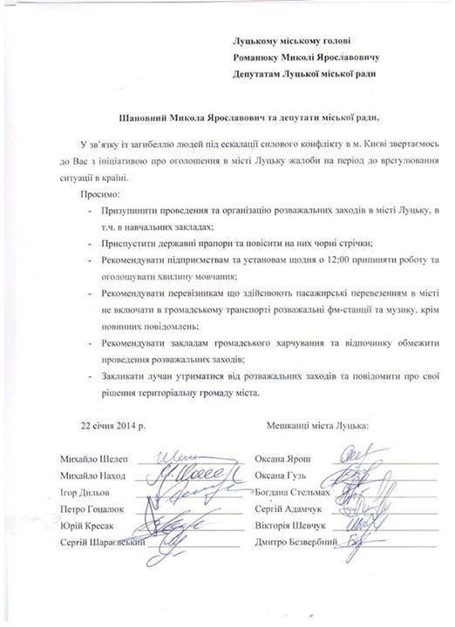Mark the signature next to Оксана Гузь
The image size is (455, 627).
coord(357,475)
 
